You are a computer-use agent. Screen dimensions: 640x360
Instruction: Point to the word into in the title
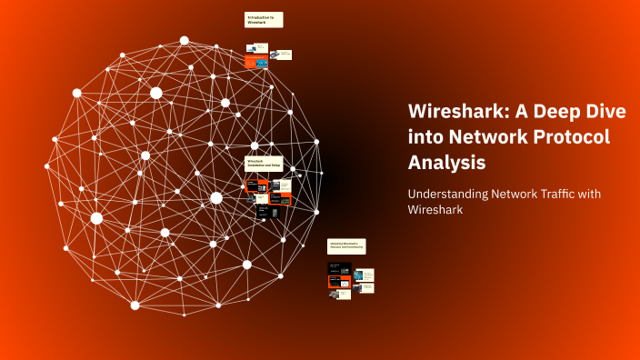[427, 137]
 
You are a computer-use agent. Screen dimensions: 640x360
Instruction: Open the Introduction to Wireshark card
[264, 19]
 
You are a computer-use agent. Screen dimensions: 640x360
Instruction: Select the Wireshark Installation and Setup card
[264, 164]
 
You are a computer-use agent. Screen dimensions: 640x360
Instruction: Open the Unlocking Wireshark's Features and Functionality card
[345, 245]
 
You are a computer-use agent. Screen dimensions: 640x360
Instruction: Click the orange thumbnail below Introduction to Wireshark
[255, 61]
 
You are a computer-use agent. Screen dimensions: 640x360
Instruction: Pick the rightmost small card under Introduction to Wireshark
[283, 55]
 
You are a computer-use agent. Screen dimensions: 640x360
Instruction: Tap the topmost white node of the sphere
[185, 41]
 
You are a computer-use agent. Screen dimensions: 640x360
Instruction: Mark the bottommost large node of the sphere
[135, 305]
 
